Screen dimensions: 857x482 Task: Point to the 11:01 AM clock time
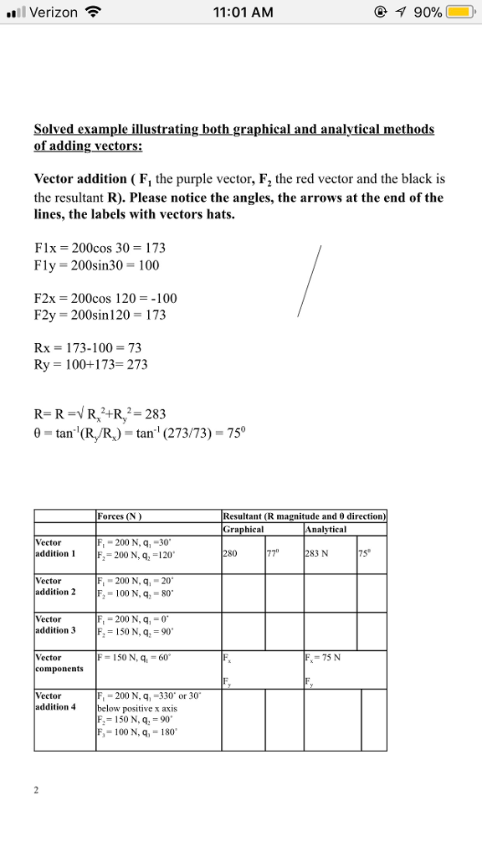pos(243,13)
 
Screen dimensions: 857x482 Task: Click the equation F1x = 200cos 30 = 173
pos(100,248)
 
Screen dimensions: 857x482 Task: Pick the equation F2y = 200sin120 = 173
pos(100,315)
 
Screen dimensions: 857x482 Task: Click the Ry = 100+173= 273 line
pos(90,364)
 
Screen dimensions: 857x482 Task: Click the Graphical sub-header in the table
pos(244,529)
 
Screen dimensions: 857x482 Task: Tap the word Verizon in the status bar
pos(53,13)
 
